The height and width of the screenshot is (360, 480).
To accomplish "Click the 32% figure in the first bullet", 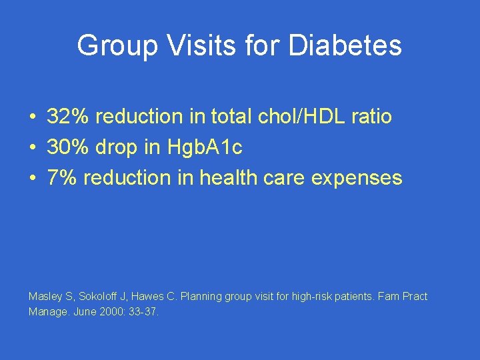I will pyautogui.click(x=69, y=117).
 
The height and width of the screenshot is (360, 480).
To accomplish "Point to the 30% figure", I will pyautogui.click(x=69, y=147).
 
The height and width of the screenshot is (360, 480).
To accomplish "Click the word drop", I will pyautogui.click(x=120, y=147).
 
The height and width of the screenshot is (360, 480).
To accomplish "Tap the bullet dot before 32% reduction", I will pyautogui.click(x=32, y=117).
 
